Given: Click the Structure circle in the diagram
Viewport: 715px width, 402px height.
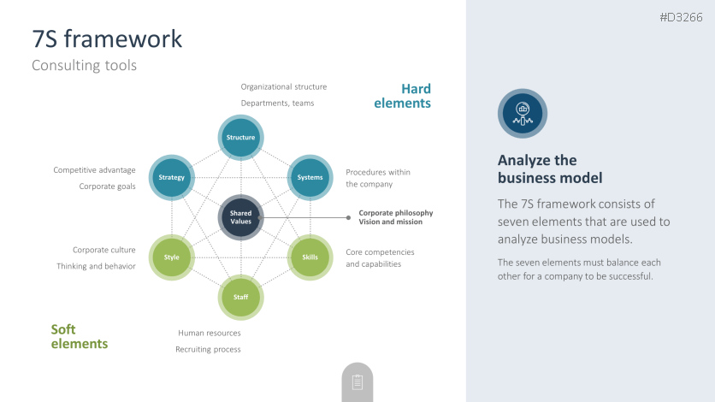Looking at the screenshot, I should [x=240, y=138].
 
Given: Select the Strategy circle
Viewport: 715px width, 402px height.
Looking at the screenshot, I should [x=172, y=177].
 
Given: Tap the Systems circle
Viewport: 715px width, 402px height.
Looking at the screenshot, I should [x=309, y=177].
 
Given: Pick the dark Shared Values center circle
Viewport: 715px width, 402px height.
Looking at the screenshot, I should [x=240, y=217].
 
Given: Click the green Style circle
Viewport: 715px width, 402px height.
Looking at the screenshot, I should [x=171, y=257].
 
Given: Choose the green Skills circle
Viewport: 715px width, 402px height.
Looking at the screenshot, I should [x=309, y=257].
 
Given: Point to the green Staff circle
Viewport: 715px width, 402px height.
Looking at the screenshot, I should [x=240, y=297].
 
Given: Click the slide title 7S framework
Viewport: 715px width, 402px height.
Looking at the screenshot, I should [x=107, y=38].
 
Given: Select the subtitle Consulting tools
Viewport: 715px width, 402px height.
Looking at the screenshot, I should [x=84, y=65].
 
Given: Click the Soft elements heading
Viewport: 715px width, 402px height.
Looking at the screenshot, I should [x=79, y=336].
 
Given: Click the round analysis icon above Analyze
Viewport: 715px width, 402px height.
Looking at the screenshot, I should [x=522, y=113].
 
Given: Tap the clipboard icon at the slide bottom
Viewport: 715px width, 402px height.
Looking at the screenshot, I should [x=357, y=382].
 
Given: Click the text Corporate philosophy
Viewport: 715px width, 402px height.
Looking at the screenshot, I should [x=395, y=212].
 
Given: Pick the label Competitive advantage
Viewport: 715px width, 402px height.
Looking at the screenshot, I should [x=94, y=170].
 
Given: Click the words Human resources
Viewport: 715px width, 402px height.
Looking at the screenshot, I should [x=210, y=333].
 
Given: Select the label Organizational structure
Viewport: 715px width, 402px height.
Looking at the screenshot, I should [x=283, y=86].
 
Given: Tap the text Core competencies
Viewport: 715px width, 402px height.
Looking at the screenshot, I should [x=380, y=252].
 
